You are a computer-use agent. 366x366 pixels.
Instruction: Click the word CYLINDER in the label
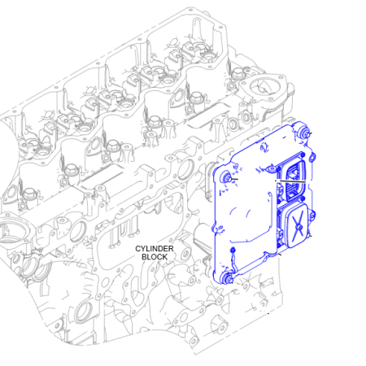tap(155, 249)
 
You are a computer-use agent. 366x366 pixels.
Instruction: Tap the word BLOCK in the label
tap(155, 257)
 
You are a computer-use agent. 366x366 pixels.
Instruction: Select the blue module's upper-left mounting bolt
tap(226, 178)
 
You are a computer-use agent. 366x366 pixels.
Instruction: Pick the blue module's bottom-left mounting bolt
tap(226, 278)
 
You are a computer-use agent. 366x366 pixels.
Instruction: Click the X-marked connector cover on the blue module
tap(298, 225)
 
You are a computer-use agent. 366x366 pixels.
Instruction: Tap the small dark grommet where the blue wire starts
tap(233, 249)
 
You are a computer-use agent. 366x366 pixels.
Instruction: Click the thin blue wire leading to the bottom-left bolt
tap(233, 261)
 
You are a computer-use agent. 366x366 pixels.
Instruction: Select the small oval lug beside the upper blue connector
tap(312, 156)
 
